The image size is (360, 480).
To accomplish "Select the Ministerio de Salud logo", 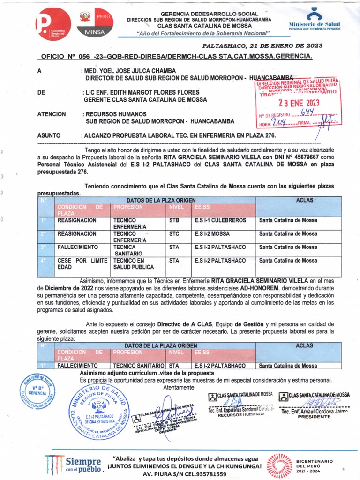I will click(314, 21).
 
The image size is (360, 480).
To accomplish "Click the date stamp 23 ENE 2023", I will click(299, 103).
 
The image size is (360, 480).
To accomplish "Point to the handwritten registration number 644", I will click(307, 112).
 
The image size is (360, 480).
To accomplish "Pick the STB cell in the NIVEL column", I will click(174, 220).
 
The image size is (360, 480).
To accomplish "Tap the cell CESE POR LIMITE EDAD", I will click(82, 263).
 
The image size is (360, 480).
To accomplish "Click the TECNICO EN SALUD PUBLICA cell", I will click(133, 263).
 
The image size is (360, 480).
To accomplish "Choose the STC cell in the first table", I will click(174, 233).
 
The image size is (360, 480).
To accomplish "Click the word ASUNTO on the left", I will click(49, 136).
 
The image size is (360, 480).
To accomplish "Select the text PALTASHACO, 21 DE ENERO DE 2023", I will click(262, 46).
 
